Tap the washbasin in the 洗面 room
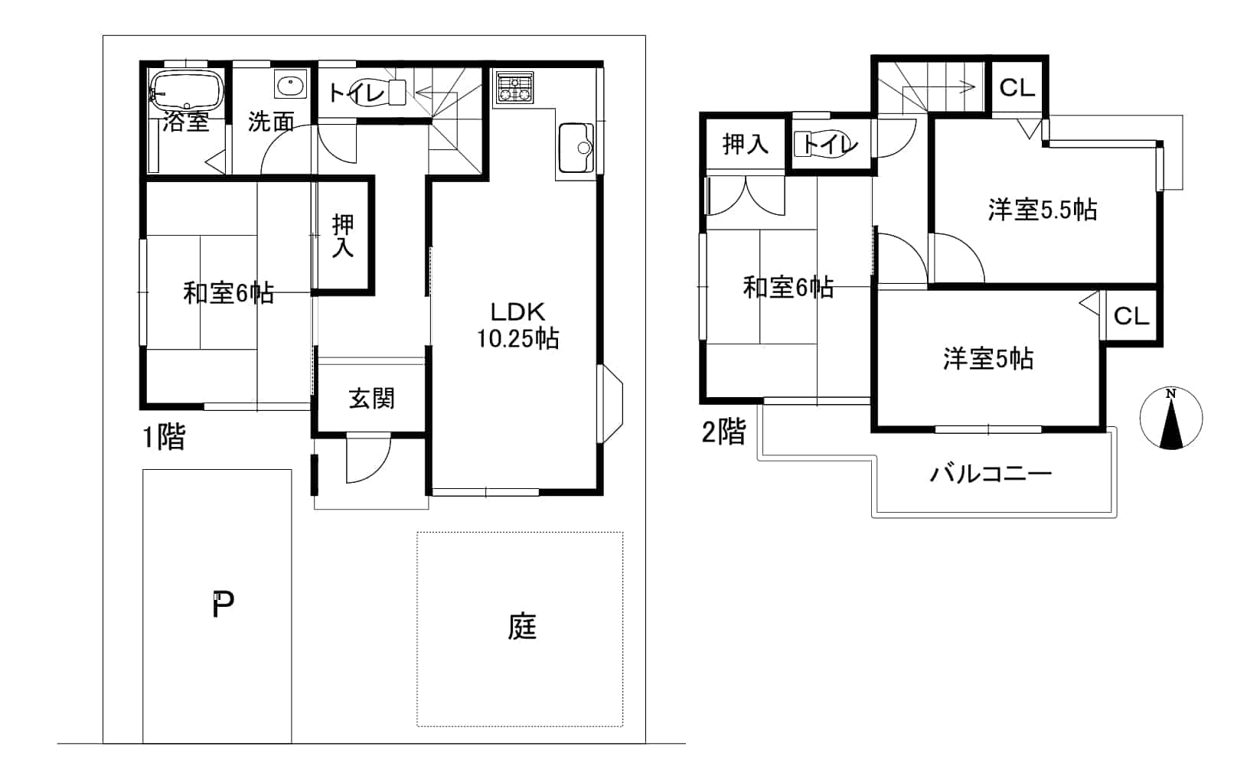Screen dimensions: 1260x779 pos(291,84)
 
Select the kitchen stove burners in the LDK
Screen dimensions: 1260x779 pos(514,88)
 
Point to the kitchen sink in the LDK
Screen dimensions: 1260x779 pos(576,148)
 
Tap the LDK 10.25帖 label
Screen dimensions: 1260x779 pos(517,325)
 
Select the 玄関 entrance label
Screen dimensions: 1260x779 pos(372,399)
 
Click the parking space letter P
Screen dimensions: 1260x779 pos(224,605)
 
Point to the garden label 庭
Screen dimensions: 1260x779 pos(522,627)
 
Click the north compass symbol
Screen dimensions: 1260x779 pos(1171,418)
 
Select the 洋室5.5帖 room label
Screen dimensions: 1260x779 pos(1043,210)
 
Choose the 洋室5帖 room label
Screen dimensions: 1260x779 pos(988,359)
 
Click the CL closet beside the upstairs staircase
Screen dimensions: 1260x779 pos(1017,88)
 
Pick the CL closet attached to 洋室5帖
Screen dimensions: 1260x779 pos(1131,316)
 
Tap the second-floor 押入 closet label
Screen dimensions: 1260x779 pos(746,144)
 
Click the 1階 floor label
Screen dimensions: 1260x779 pos(164,437)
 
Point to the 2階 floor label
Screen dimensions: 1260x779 pos(724,432)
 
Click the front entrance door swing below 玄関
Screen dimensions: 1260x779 pos(368,460)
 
